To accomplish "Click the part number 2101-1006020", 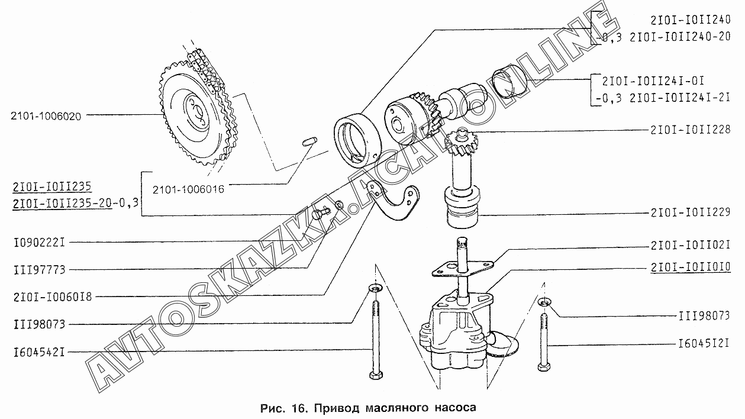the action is (46, 116).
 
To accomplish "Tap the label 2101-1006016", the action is (188, 189).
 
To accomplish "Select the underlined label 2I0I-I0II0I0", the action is (691, 267).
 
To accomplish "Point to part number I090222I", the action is (39, 243).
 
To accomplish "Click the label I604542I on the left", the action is (39, 352).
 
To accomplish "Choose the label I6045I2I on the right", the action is (704, 343).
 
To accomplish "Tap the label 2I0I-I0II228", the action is (691, 130).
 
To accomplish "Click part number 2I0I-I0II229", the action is (691, 212).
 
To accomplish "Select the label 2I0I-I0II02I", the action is (691, 246).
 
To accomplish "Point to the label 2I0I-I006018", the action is (53, 297).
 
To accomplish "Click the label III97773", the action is (39, 270).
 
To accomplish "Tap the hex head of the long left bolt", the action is (376, 375).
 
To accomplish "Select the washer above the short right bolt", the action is (544, 302).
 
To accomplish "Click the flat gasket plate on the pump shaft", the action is (462, 268).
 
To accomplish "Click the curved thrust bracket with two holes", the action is (392, 203).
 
